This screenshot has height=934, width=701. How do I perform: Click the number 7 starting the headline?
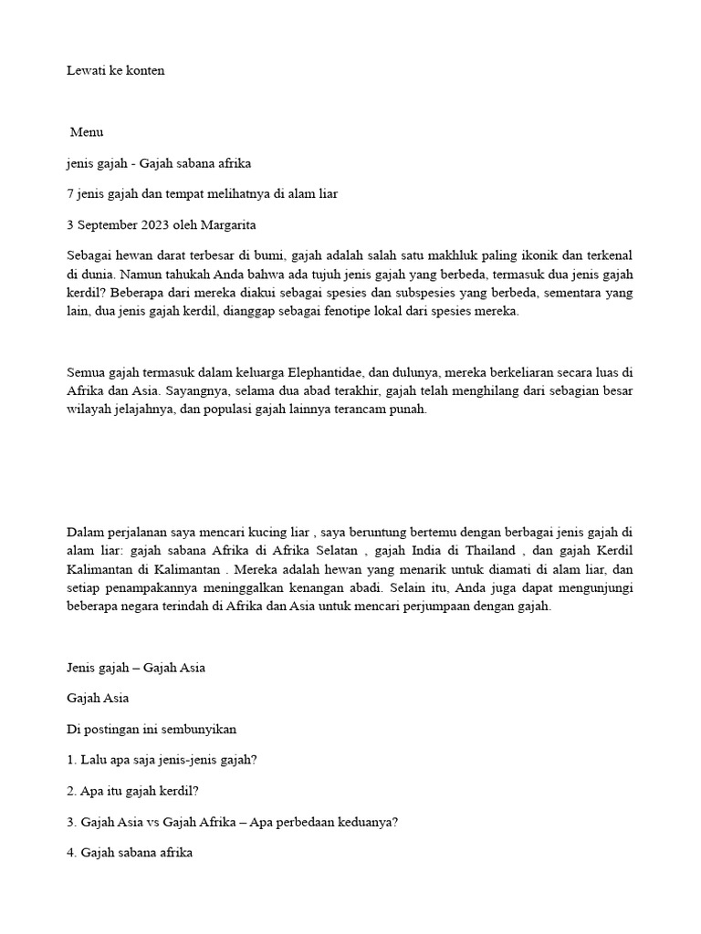pos(70,194)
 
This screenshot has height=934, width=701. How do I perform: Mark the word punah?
pos(409,409)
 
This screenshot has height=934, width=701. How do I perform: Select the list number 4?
pos(71,853)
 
